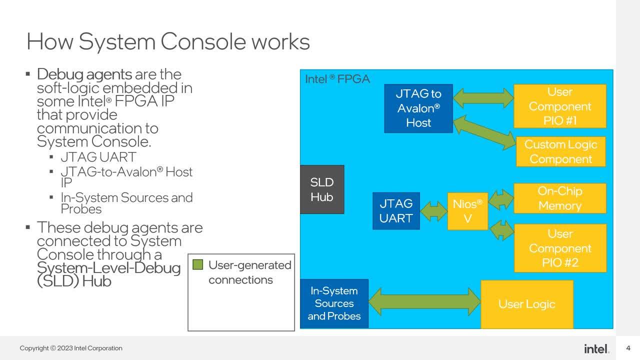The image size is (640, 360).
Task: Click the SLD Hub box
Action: pos(322,189)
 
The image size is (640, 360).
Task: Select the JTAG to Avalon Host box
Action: pos(418,108)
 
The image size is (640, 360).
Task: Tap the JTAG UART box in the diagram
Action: pos(396,211)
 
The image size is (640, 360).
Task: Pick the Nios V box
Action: pos(467,211)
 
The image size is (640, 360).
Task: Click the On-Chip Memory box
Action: pos(560,198)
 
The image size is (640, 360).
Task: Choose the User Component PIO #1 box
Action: pos(560,106)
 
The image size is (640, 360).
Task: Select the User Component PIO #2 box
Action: pos(560,248)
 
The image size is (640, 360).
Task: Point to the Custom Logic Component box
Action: pos(561,151)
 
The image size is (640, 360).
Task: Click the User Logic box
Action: pos(527,304)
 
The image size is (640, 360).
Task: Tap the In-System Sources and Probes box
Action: pos(334,303)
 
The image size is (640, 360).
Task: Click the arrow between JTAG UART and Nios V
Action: pos(433,211)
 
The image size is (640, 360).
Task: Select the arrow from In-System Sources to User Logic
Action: pos(424,301)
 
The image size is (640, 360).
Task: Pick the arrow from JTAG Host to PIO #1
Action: pos(483,98)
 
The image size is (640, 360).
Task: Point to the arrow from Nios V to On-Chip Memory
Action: pos(501,199)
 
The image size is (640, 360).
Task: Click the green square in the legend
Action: pos(197,264)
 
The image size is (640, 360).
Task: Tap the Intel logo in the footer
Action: pos(596,349)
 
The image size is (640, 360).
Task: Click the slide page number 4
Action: pos(628,348)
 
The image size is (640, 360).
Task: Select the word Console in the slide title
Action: pos(203,41)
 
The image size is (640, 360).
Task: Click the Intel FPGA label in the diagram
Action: pos(337,79)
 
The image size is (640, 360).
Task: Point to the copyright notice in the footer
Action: pos(71,348)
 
